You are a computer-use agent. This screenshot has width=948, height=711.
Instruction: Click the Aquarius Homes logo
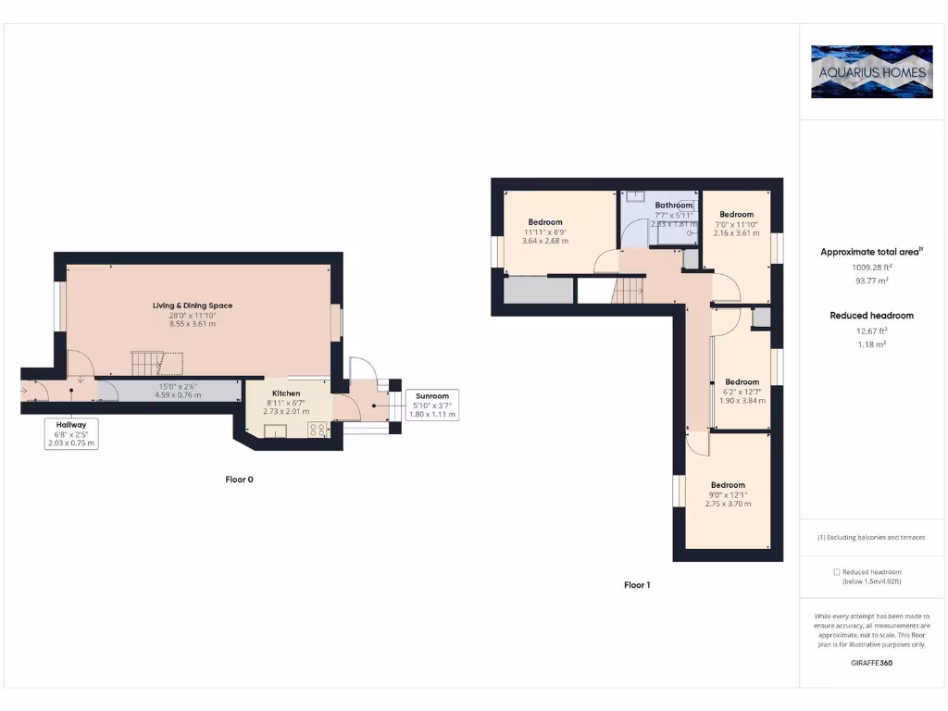tap(871, 71)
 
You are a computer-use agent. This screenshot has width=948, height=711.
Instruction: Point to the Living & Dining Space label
tap(193, 306)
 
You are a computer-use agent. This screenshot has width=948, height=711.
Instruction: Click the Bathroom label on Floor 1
tap(673, 206)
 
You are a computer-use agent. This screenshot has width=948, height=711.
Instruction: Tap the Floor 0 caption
tap(239, 480)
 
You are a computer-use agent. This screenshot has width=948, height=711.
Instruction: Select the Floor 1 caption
tap(637, 585)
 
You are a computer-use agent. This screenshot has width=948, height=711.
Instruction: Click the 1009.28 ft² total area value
tap(871, 268)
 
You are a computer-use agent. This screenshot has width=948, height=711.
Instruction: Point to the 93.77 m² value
tap(871, 281)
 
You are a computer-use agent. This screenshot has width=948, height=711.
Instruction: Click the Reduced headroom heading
tap(871, 316)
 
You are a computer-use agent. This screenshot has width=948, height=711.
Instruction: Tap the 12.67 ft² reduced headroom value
tap(871, 330)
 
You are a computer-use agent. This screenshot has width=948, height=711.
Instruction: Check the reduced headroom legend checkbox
tap(837, 572)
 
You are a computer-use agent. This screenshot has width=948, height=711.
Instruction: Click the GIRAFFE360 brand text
tap(871, 664)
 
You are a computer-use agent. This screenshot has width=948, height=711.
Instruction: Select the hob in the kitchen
tap(317, 429)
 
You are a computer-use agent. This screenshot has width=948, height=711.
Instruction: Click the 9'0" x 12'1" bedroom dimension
tap(728, 494)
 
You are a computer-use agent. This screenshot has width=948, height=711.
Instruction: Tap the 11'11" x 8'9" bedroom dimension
tap(545, 231)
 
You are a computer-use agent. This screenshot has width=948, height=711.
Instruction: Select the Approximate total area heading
tap(871, 252)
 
